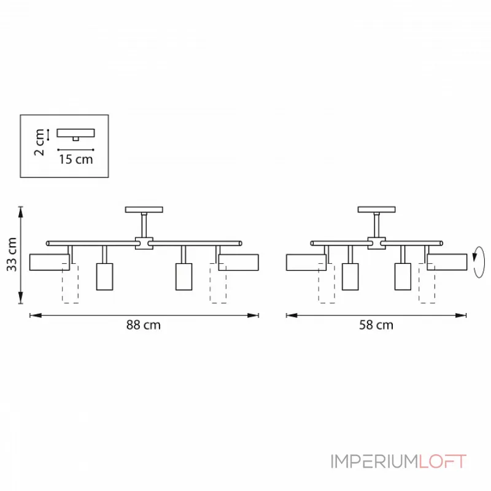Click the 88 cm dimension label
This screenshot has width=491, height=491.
(144, 325)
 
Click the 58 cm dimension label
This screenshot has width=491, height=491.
(376, 325)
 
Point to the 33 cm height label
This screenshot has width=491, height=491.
(12, 254)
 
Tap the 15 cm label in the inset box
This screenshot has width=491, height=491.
(76, 160)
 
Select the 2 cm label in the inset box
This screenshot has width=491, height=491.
(40, 142)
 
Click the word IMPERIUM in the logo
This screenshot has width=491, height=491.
(374, 462)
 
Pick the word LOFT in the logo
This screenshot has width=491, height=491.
(443, 462)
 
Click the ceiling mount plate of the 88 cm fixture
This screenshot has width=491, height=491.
(144, 209)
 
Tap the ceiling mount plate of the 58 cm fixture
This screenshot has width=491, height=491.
(376, 209)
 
